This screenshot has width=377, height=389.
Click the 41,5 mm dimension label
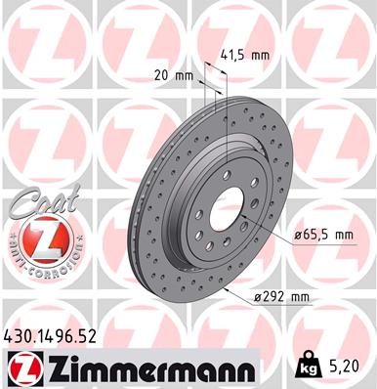point(245,56)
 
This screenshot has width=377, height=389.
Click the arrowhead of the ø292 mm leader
point(224,288)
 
